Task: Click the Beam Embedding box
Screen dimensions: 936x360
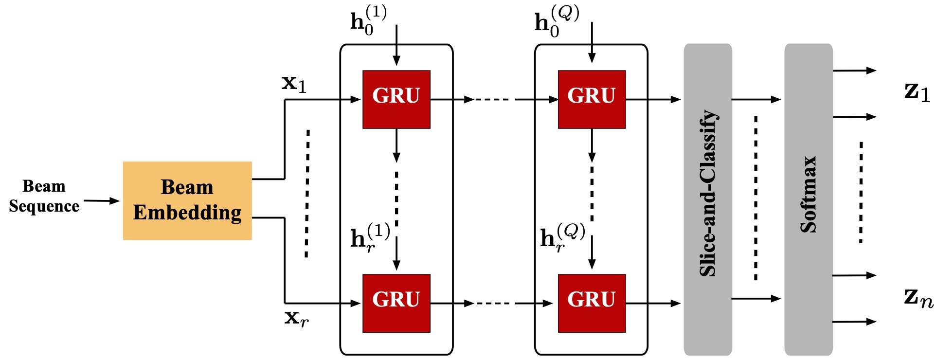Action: click(187, 200)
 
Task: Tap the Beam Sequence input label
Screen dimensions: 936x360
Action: click(44, 196)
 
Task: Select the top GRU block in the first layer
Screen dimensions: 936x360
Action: click(396, 99)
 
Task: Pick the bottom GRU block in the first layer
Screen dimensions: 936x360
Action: click(396, 303)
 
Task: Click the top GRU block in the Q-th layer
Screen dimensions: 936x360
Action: click(592, 99)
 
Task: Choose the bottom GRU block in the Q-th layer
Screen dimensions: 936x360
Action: click(592, 303)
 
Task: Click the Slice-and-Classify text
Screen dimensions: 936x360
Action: click(708, 194)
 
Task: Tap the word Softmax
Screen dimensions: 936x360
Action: click(809, 194)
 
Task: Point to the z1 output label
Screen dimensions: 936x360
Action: click(918, 92)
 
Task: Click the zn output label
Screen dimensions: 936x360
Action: click(919, 298)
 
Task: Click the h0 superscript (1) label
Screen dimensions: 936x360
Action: click(369, 20)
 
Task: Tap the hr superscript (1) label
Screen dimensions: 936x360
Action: click(370, 237)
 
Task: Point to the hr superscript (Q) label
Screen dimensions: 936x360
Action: click(563, 237)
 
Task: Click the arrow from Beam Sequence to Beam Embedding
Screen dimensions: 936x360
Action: click(102, 200)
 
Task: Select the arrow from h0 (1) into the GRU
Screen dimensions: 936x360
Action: click(396, 45)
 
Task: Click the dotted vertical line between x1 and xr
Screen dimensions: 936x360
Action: click(307, 193)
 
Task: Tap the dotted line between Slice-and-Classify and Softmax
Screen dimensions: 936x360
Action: click(756, 198)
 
